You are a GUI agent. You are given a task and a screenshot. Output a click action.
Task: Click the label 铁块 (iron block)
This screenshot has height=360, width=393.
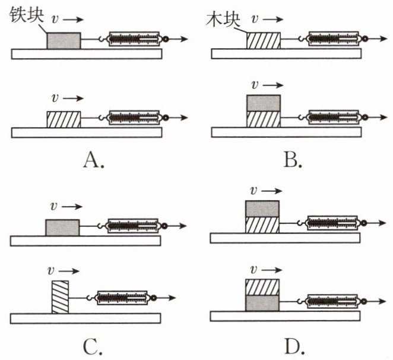[27, 15]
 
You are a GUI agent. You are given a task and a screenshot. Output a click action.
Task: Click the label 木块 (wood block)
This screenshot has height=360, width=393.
[223, 19]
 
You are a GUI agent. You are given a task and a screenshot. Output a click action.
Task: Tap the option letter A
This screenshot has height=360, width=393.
[93, 160]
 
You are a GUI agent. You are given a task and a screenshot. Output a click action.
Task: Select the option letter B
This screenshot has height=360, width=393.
[293, 160]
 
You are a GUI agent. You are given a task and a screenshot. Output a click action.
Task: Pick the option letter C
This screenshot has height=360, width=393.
[93, 347]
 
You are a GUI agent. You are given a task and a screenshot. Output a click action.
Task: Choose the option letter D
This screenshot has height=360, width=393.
[294, 346]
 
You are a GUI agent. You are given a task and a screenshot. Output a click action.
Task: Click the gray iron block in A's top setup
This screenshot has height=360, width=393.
[64, 40]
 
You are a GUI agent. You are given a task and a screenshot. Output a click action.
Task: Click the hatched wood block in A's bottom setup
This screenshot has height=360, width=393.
[64, 119]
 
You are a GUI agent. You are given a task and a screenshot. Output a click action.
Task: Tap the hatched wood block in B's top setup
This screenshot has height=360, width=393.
[264, 40]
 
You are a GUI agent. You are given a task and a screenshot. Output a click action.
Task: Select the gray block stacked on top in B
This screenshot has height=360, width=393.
[264, 103]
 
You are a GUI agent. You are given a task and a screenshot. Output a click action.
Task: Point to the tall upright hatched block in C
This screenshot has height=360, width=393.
[60, 297]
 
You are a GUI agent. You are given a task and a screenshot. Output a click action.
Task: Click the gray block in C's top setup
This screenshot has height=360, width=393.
[62, 228]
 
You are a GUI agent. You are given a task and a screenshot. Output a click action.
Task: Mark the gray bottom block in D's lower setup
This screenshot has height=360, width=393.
[262, 304]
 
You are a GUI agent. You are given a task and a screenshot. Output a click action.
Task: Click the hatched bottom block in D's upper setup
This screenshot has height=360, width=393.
[262, 225]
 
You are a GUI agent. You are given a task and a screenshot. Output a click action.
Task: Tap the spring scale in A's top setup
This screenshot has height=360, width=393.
[134, 39]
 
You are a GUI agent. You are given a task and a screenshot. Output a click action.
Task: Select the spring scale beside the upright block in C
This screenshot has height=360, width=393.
[122, 298]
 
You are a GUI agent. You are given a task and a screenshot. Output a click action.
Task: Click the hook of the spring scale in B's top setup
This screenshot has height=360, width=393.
[302, 39]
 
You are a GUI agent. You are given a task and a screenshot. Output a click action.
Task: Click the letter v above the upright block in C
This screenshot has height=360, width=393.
[51, 270]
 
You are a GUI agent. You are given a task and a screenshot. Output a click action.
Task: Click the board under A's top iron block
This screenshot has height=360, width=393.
[87, 54]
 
